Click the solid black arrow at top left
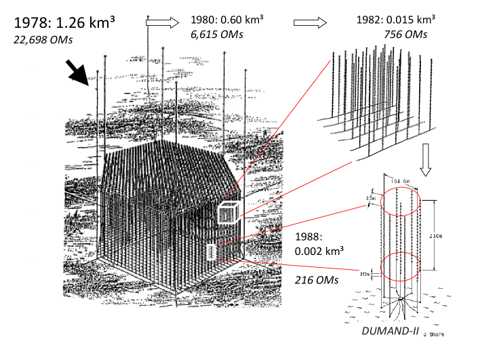click(x=76, y=73)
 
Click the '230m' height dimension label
click(x=440, y=236)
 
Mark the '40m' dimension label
click(x=369, y=198)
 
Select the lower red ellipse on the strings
click(x=403, y=265)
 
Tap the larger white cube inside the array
click(x=228, y=214)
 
